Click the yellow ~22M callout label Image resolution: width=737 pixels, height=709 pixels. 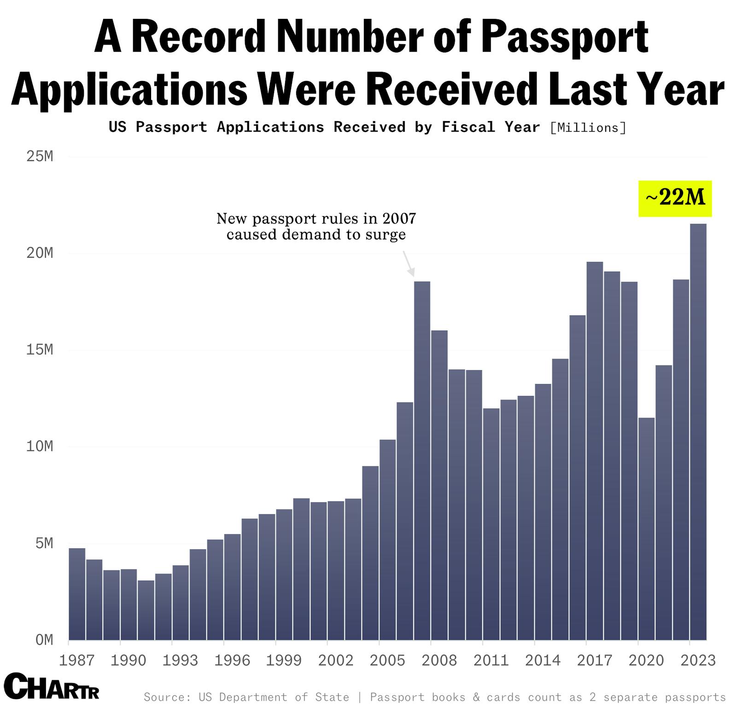point(675,198)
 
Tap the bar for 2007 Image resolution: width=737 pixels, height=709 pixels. point(422,460)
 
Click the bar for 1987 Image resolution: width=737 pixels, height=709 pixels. point(77,594)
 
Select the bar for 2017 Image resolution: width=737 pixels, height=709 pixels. point(595,451)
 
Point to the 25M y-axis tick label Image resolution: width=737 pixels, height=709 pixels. point(40,157)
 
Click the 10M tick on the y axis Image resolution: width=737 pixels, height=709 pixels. point(40,447)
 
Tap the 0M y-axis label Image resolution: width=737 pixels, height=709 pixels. point(44,640)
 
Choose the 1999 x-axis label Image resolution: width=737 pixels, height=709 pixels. point(284,661)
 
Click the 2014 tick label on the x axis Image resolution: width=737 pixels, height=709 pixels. point(543,661)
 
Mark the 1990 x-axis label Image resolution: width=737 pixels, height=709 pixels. point(129,661)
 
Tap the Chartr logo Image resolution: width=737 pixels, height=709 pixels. point(52,686)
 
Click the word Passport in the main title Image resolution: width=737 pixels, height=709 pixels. point(567,38)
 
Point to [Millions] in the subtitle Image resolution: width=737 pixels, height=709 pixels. point(588,128)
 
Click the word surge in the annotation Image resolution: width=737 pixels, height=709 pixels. point(386,235)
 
